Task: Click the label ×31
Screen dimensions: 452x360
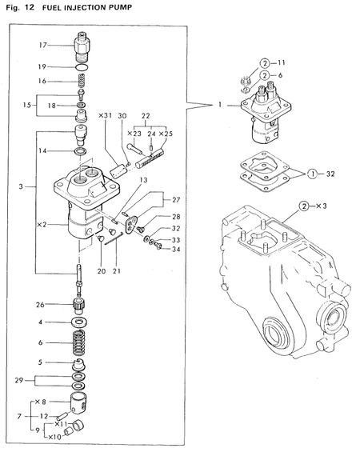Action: pos(105,116)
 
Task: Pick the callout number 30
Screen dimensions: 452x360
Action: pos(122,116)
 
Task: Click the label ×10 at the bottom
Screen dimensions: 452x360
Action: pos(54,438)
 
